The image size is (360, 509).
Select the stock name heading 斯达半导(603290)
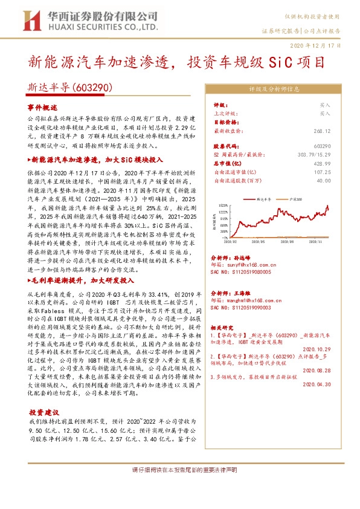pyautogui.click(x=70, y=88)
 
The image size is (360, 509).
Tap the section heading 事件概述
pyautogui.click(x=41, y=106)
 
